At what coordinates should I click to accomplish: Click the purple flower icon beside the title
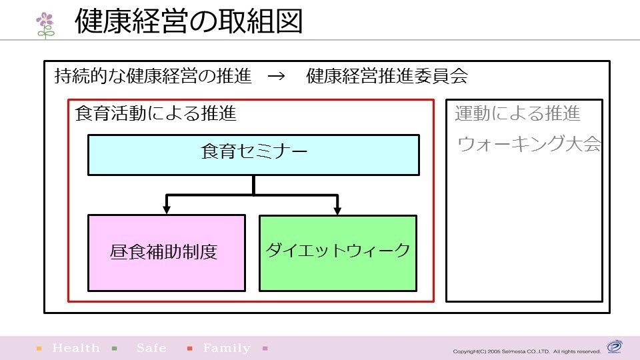(45, 25)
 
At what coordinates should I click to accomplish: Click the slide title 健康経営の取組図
(189, 21)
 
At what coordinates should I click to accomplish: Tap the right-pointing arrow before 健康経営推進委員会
(276, 76)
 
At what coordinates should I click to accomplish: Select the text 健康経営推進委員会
(387, 76)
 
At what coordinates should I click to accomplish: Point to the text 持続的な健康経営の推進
(153, 76)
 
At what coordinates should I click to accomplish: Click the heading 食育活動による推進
(155, 113)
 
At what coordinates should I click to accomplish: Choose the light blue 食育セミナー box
(253, 155)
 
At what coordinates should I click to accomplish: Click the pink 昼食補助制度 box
(167, 253)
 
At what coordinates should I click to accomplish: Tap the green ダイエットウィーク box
(338, 253)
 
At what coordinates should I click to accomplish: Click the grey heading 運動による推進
(517, 113)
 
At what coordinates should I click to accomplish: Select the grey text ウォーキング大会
(529, 144)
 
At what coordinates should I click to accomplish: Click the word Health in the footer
(76, 348)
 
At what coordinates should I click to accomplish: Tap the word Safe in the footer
(151, 348)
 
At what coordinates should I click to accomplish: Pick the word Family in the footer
(227, 348)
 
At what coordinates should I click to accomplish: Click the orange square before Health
(39, 348)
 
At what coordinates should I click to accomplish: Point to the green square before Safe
(115, 348)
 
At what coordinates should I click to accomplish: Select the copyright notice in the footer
(527, 351)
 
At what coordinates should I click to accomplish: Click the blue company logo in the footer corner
(614, 347)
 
